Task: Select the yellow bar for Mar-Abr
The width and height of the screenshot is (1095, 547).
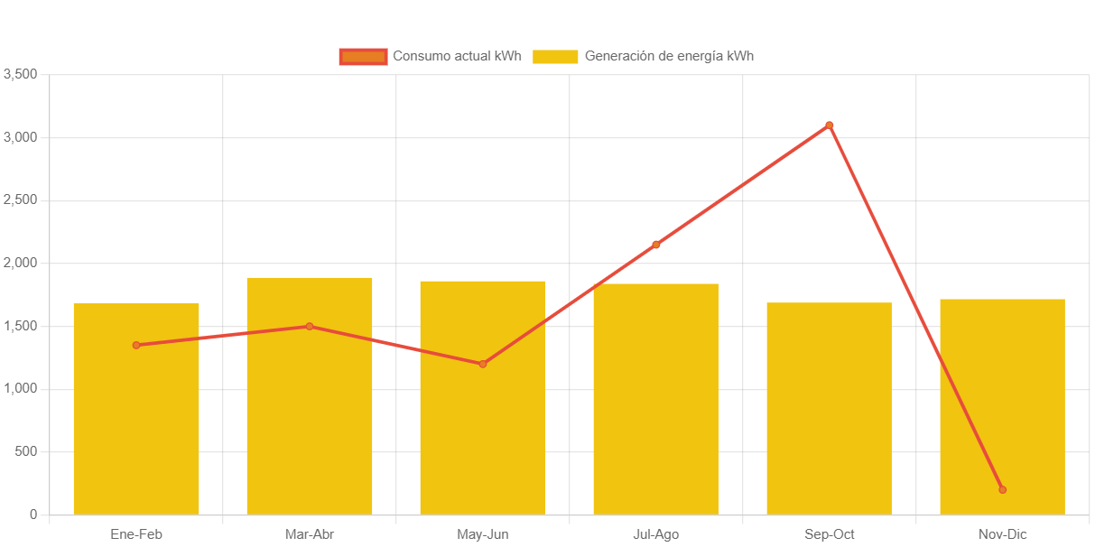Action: [x=310, y=415]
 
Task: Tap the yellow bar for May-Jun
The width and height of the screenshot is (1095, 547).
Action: [x=483, y=424]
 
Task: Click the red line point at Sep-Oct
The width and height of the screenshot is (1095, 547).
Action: [x=829, y=125]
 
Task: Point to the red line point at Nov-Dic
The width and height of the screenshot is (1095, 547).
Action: [x=1002, y=490]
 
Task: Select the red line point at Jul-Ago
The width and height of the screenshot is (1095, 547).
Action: [x=656, y=245]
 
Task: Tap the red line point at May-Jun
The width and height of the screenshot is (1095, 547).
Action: [x=483, y=364]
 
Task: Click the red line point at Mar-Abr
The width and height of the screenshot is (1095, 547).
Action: [x=310, y=327]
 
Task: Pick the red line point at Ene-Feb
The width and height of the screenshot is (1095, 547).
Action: [x=136, y=345]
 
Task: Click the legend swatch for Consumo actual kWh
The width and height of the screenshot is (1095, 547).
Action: [x=363, y=57]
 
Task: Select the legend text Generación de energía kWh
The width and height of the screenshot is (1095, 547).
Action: [x=669, y=56]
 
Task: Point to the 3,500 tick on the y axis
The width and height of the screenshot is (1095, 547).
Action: [x=20, y=74]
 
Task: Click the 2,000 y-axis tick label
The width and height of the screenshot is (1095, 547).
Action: [x=20, y=263]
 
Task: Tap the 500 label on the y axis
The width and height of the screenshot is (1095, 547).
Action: [x=25, y=451]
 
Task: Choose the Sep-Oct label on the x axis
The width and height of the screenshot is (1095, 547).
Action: [x=829, y=534]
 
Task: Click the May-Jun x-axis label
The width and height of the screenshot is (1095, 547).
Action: [x=483, y=534]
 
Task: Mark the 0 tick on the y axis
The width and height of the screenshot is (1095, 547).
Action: [x=33, y=515]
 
